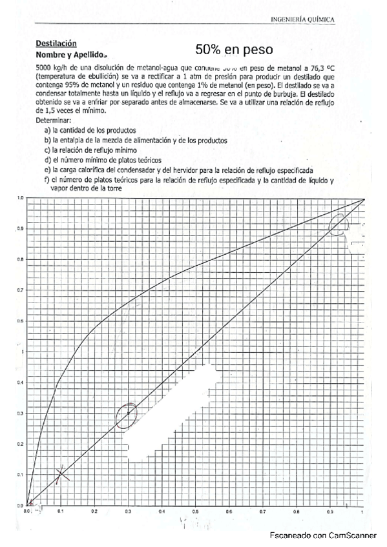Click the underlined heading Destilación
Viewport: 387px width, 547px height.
(56, 43)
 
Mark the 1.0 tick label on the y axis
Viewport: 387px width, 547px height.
(21, 198)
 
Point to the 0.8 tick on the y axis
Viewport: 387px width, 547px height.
(21, 259)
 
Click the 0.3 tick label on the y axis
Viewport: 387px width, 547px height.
(21, 413)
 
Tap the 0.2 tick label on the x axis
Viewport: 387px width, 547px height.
(94, 510)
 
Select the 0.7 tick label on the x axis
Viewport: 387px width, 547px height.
(262, 510)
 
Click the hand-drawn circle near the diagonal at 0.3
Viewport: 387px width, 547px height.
(127, 416)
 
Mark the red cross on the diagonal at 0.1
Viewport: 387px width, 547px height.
(61, 474)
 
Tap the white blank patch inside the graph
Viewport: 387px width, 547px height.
(194, 413)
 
